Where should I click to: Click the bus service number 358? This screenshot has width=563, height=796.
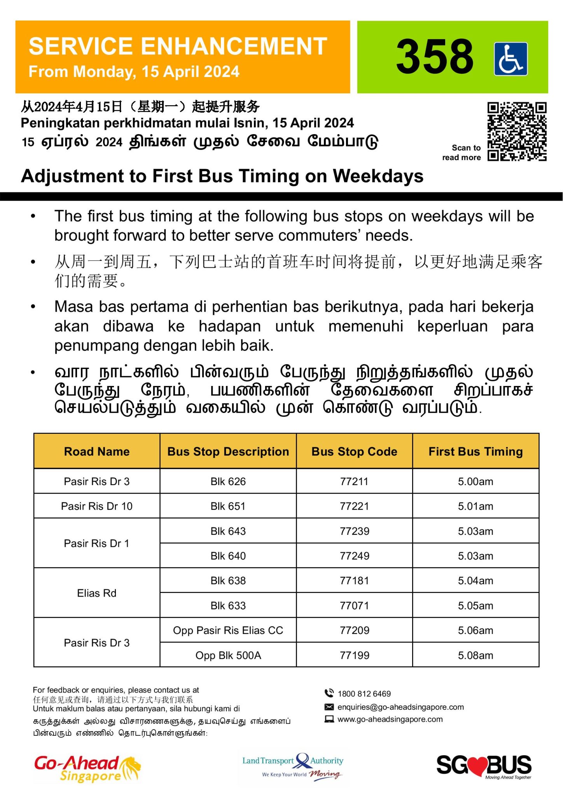(434, 57)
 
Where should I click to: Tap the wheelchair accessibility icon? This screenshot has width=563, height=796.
(511, 59)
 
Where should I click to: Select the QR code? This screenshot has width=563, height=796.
(517, 131)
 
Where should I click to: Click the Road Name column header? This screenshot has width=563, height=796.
(97, 451)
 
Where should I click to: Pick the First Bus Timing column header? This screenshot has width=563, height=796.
(475, 451)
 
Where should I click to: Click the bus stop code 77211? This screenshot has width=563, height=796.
(354, 482)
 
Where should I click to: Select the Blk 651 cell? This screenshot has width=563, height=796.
(228, 506)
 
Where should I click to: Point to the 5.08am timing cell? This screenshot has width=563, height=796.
(475, 655)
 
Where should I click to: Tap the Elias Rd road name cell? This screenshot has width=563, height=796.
(97, 593)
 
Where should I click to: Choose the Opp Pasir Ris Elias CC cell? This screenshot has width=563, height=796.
(228, 630)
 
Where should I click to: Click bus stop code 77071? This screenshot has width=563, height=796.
(354, 606)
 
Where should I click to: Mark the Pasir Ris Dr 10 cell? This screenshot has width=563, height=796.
(97, 506)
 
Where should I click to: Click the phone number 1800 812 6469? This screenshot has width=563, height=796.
(364, 694)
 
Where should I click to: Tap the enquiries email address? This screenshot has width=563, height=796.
(400, 707)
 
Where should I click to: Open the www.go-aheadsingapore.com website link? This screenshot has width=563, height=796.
(390, 719)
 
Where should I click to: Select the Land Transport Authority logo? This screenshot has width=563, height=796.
(293, 766)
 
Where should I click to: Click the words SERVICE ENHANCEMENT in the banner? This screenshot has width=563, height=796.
(178, 46)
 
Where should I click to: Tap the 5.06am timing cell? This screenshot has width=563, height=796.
(475, 630)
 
